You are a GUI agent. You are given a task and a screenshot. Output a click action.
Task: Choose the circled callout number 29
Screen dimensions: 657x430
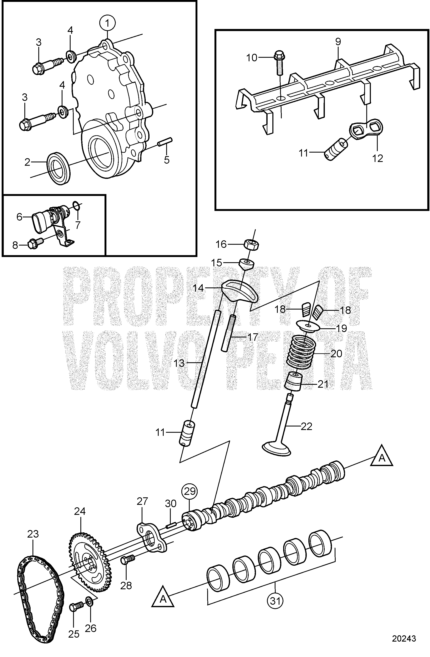click(x=189, y=491)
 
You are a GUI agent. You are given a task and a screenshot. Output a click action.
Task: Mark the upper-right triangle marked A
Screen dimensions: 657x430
click(x=382, y=459)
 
